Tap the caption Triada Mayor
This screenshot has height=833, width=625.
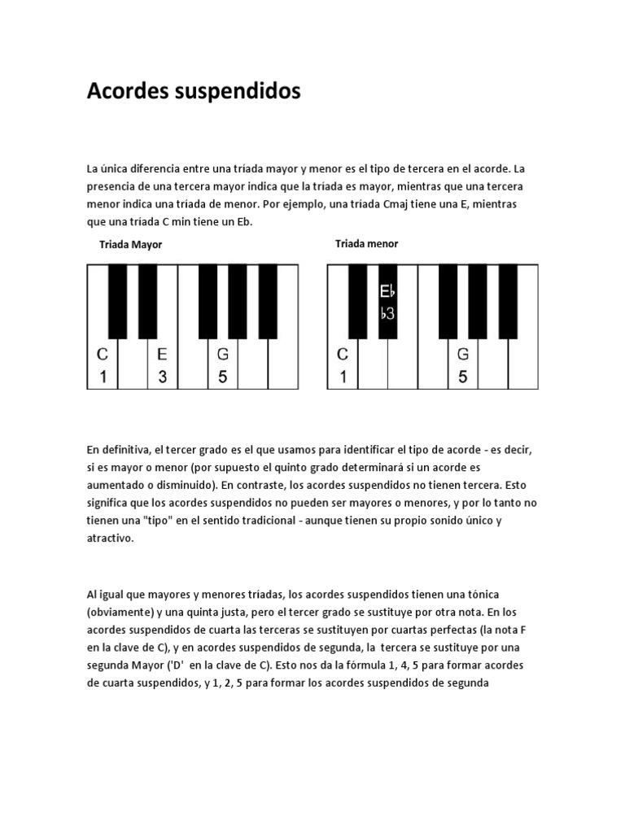point(131,245)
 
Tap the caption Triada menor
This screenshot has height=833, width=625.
point(367,244)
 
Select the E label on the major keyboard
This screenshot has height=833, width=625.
point(162,354)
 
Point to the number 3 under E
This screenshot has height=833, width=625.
point(162,377)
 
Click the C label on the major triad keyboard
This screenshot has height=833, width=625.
point(103,354)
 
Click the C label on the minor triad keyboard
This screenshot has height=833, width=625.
point(343,354)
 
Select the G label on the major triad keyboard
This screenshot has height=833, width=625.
point(222,354)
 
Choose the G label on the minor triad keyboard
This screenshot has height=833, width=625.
point(463,354)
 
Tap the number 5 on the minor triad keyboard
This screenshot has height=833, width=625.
point(463,377)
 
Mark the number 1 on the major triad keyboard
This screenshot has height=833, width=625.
point(103,377)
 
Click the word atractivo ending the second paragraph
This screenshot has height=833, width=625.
point(110,539)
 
